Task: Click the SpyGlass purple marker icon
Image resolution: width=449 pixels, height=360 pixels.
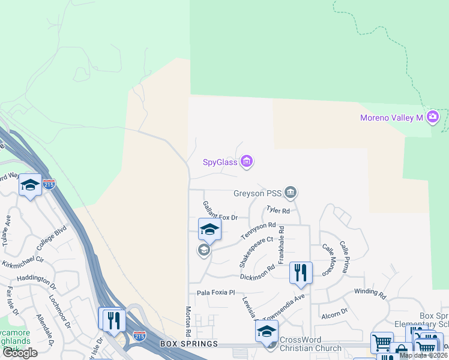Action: click(x=246, y=161)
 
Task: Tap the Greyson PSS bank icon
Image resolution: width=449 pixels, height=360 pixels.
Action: click(x=291, y=193)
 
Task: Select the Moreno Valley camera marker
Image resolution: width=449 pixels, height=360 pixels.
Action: click(x=433, y=117)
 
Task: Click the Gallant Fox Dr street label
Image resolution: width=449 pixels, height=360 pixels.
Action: click(x=220, y=211)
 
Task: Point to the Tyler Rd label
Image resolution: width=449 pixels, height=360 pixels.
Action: click(x=278, y=211)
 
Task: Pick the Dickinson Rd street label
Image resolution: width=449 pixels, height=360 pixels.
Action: click(x=257, y=275)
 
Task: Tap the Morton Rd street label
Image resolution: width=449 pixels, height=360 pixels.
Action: click(x=188, y=321)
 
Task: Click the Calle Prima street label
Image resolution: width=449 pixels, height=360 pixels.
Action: click(x=345, y=257)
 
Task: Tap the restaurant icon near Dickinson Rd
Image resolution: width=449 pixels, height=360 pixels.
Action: click(x=301, y=272)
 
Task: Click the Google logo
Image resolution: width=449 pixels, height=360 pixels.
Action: click(x=20, y=353)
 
